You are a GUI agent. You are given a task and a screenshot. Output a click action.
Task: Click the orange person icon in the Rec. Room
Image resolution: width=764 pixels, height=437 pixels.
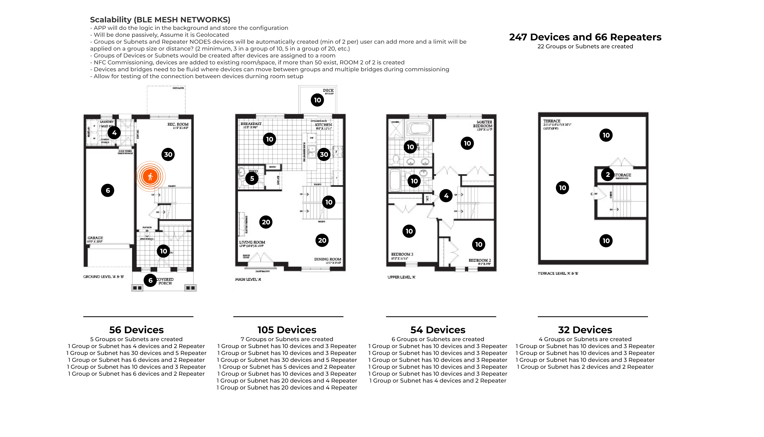tap(150, 176)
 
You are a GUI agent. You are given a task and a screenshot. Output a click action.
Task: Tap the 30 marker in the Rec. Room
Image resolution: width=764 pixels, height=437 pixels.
tap(168, 154)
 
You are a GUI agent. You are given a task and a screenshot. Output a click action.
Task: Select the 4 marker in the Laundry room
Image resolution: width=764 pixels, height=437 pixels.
tap(114, 133)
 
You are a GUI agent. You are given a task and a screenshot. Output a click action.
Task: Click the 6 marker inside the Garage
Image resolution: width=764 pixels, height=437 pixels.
tap(108, 190)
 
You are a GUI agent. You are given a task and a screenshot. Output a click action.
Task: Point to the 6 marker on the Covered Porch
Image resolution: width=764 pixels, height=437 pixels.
tap(150, 280)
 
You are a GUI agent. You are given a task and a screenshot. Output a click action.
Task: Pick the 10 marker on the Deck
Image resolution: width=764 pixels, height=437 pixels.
tap(317, 100)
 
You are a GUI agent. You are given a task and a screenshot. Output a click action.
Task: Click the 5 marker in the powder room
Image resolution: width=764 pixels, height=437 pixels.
tap(252, 178)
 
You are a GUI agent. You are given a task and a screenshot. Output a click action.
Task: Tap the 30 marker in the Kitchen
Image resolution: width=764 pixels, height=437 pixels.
tap(324, 154)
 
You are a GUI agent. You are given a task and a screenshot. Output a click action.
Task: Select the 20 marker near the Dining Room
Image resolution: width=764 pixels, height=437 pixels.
tap(322, 240)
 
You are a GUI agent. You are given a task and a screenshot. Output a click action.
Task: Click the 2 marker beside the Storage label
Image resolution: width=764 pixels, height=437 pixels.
tap(607, 174)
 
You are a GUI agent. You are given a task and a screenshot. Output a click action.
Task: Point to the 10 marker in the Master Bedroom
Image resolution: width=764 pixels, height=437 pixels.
tap(467, 143)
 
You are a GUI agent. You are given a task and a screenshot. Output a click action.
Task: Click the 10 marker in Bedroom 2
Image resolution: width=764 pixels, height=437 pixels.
tap(479, 244)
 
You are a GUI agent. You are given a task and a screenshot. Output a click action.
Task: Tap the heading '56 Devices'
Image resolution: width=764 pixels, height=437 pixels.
tap(136, 330)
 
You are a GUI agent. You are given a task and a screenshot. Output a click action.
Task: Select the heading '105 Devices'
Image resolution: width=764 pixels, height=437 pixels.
tap(287, 330)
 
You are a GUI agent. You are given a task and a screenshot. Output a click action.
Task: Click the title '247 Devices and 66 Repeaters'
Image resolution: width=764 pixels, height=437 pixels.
tap(585, 37)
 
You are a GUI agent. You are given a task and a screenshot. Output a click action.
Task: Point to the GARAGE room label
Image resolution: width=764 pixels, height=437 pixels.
tap(95, 238)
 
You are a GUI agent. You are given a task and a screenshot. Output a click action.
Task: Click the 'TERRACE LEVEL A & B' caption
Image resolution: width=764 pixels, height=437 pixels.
tap(558, 273)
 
